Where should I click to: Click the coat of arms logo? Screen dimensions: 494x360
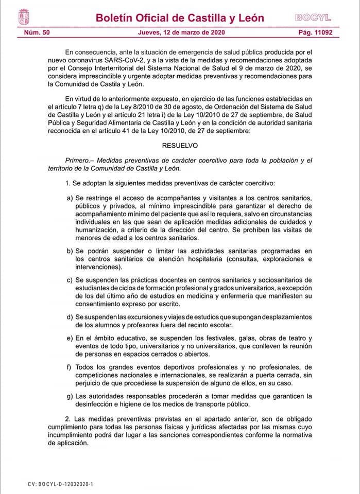click(24, 17)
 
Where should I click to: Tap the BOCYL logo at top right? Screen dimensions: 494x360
click(313, 17)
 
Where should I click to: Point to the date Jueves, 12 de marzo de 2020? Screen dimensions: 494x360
click(181, 33)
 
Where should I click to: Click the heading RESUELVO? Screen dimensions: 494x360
click(180, 146)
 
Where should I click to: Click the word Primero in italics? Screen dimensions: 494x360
click(78, 161)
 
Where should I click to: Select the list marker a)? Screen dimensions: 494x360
click(70, 198)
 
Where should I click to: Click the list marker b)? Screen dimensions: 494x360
click(70, 251)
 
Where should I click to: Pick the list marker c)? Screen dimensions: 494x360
click(70, 280)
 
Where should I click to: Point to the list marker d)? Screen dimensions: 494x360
click(70, 316)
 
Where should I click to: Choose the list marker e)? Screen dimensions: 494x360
click(70, 338)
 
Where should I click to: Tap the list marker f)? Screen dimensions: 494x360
click(70, 367)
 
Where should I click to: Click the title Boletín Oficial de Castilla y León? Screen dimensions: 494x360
click(180, 18)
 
